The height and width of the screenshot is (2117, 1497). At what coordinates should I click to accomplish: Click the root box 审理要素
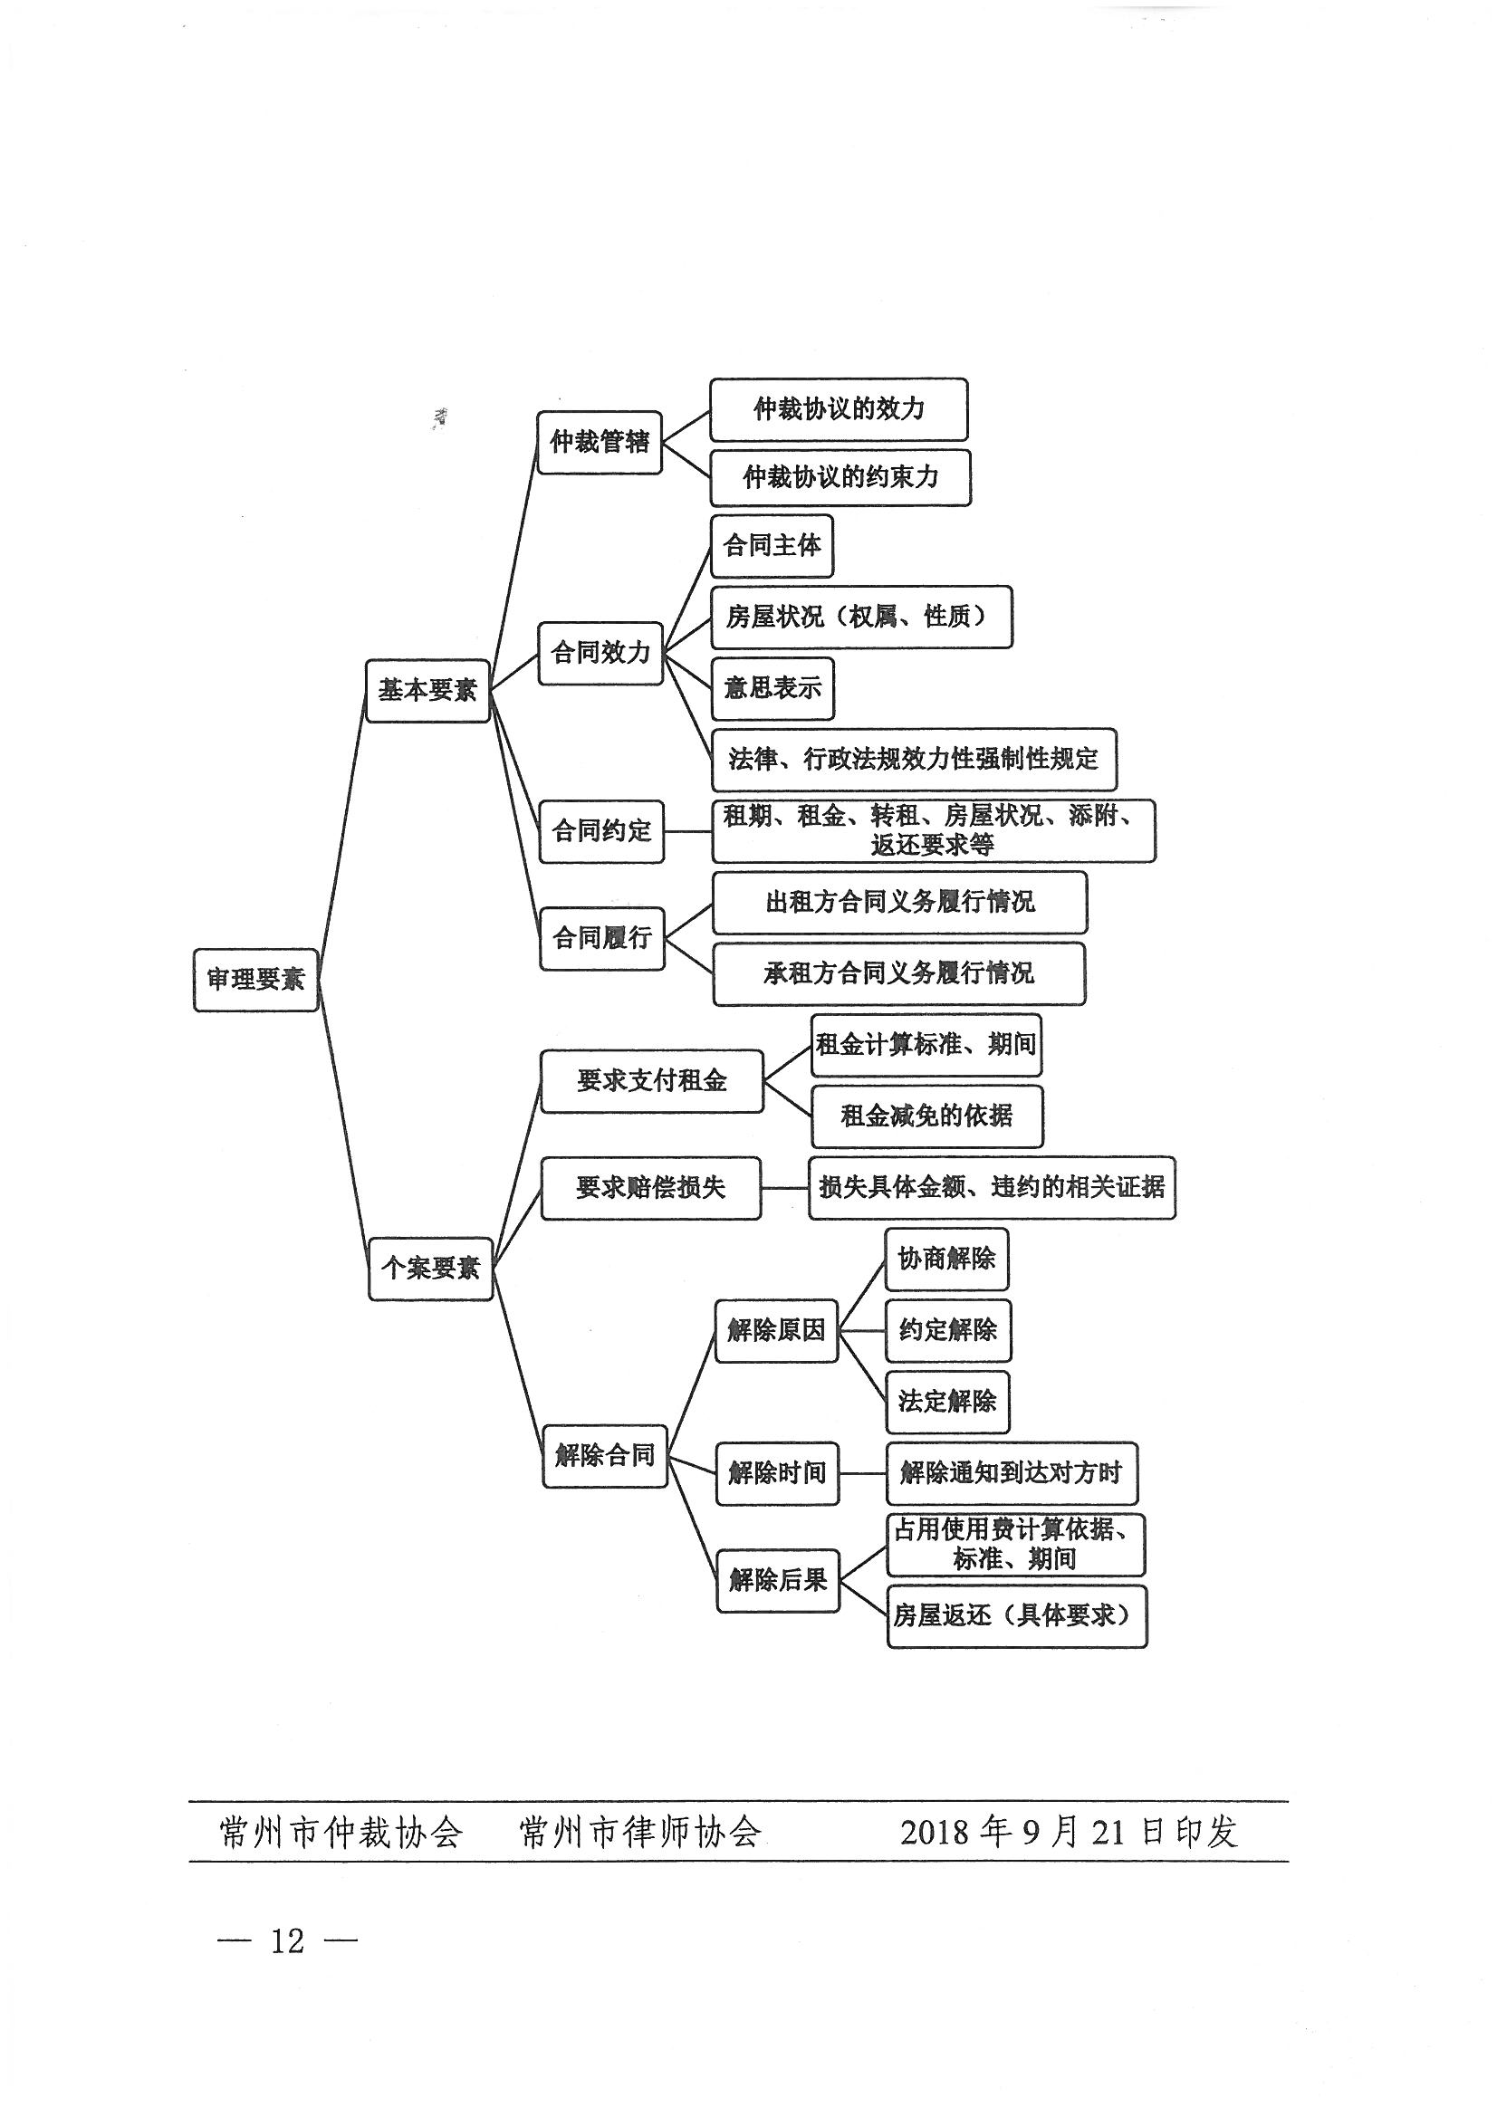coord(255,979)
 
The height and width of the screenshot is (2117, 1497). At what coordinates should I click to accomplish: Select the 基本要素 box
coord(427,690)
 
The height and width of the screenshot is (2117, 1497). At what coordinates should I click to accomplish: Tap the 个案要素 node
coord(431,1269)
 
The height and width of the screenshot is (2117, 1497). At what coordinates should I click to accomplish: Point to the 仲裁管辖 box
coord(600,443)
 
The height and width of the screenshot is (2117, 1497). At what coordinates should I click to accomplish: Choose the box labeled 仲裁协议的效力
coord(839,409)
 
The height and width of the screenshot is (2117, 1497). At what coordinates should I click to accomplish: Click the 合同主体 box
coord(772,546)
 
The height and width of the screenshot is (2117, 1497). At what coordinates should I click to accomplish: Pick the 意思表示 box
coord(772,689)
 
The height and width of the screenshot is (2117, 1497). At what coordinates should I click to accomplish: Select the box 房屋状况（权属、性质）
coord(861,617)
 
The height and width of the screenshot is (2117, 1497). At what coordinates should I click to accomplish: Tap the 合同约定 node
coord(601,830)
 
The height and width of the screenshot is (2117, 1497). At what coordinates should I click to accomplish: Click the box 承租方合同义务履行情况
coord(899,973)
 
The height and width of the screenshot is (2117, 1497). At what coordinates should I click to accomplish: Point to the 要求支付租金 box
coord(652,1080)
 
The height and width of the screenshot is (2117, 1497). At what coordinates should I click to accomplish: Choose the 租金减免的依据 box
coord(927,1116)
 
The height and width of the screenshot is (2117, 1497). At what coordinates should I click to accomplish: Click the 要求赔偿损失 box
coord(651,1189)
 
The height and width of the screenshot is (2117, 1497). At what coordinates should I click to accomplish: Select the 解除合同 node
coord(605,1456)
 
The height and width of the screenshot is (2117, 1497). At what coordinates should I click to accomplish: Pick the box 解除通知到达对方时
coord(1012,1473)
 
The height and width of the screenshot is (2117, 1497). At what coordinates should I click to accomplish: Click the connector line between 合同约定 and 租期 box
coord(688,830)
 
